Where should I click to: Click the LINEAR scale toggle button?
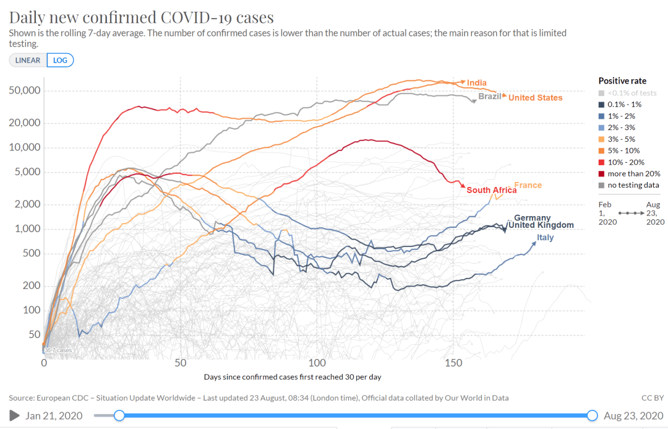pos(28,60)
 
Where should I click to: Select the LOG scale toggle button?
pos(60,60)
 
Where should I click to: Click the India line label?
pos(476,83)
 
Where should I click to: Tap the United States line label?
pos(535,98)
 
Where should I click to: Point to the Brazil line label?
pos(490,97)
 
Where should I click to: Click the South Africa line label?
pos(491,190)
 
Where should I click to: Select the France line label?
pos(528,185)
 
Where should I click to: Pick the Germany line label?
pos(532,218)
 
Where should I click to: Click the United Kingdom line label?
pos(541,225)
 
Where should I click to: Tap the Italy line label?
pos(545,238)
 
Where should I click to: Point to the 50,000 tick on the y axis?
pos(27,90)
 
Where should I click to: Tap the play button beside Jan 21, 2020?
pos(14,415)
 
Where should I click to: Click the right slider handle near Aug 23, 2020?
pos(592,415)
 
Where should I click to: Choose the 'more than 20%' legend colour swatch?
pos(602,173)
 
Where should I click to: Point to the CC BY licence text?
pos(653,397)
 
